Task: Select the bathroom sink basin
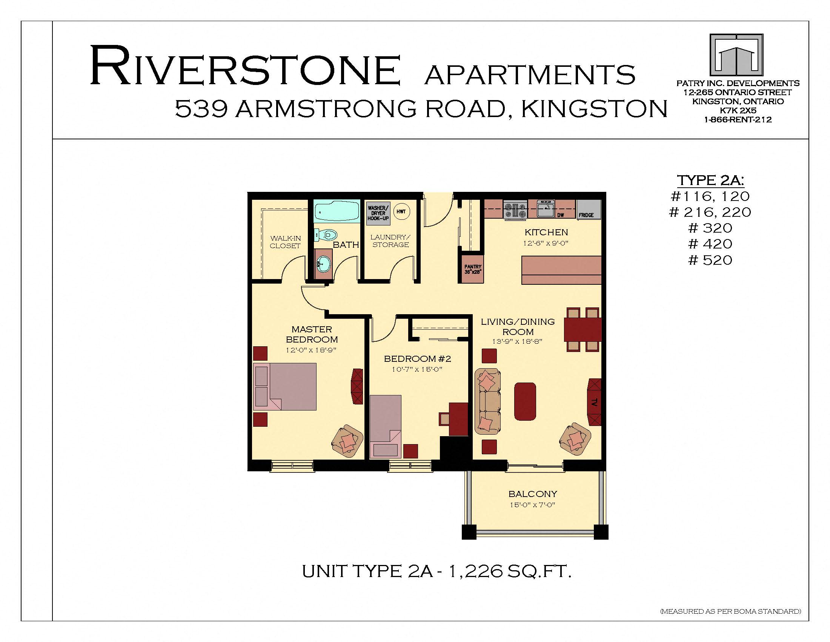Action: (x=323, y=263)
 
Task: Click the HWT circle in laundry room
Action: (x=401, y=212)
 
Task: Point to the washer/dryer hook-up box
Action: (x=378, y=213)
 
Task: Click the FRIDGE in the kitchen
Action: (x=589, y=210)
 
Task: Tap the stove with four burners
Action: (x=515, y=210)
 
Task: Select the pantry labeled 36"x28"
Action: (x=473, y=269)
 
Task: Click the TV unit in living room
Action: (x=595, y=402)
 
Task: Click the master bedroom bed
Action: (x=284, y=386)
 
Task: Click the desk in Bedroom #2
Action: (x=458, y=419)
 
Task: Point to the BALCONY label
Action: (x=532, y=494)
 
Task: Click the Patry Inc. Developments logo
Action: (x=736, y=56)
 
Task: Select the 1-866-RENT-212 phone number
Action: (x=738, y=120)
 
